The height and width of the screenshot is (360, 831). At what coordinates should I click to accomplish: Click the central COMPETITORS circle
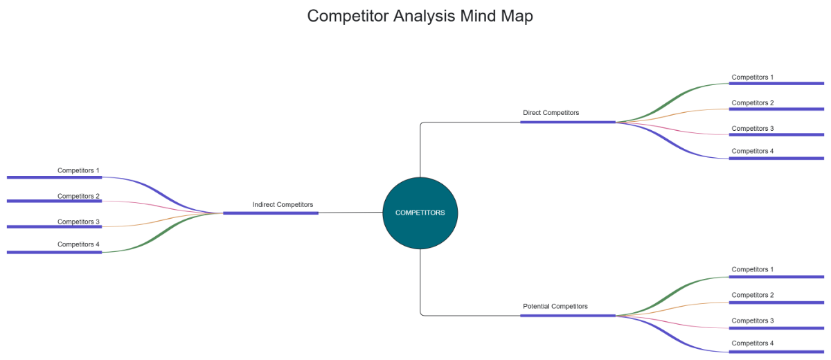[x=420, y=213]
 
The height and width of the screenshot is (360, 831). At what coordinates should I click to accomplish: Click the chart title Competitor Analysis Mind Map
[x=420, y=16]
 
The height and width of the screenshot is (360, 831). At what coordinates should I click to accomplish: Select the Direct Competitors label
[x=551, y=112]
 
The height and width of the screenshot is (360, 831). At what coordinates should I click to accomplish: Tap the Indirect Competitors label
[x=283, y=204]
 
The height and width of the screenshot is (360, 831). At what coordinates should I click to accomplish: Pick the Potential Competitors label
[x=555, y=306]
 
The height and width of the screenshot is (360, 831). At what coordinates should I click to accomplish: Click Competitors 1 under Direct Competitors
[x=752, y=77]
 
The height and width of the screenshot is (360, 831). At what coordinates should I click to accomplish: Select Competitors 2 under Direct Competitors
[x=752, y=102]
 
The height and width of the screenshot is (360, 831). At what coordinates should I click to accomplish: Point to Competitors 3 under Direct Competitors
[x=752, y=128]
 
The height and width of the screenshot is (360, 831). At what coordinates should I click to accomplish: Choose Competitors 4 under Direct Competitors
[x=752, y=151]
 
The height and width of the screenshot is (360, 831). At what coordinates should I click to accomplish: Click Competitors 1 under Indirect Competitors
[x=78, y=170]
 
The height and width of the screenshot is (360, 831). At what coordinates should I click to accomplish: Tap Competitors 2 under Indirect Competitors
[x=78, y=196]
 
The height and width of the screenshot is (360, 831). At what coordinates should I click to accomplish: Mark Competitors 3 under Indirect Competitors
[x=78, y=222]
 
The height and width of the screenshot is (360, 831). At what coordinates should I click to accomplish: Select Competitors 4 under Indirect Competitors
[x=78, y=244]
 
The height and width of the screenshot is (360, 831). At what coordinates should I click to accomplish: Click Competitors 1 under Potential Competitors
[x=752, y=269]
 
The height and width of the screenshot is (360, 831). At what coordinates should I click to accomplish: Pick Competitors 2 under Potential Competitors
[x=752, y=295]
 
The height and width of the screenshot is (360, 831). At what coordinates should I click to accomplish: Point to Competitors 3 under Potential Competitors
[x=752, y=321]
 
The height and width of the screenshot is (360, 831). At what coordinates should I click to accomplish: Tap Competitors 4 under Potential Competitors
[x=752, y=343]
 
